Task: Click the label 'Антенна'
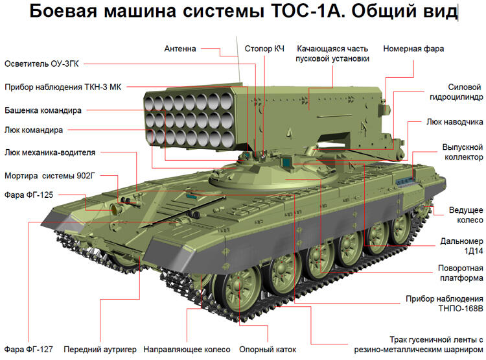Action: pyautogui.click(x=179, y=49)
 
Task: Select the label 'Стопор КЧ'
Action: pyautogui.click(x=264, y=49)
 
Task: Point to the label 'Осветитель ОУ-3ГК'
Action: pyautogui.click(x=42, y=64)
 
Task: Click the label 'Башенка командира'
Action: pyautogui.click(x=43, y=110)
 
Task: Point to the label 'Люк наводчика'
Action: pyautogui.click(x=454, y=121)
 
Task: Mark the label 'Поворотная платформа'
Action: pyautogui.click(x=459, y=273)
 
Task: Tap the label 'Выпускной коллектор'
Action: pyautogui.click(x=463, y=152)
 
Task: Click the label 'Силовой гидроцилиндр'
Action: pyautogui.click(x=455, y=92)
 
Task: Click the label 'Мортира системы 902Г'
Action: pyautogui.click(x=51, y=176)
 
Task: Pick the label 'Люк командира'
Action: pyautogui.click(x=34, y=130)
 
